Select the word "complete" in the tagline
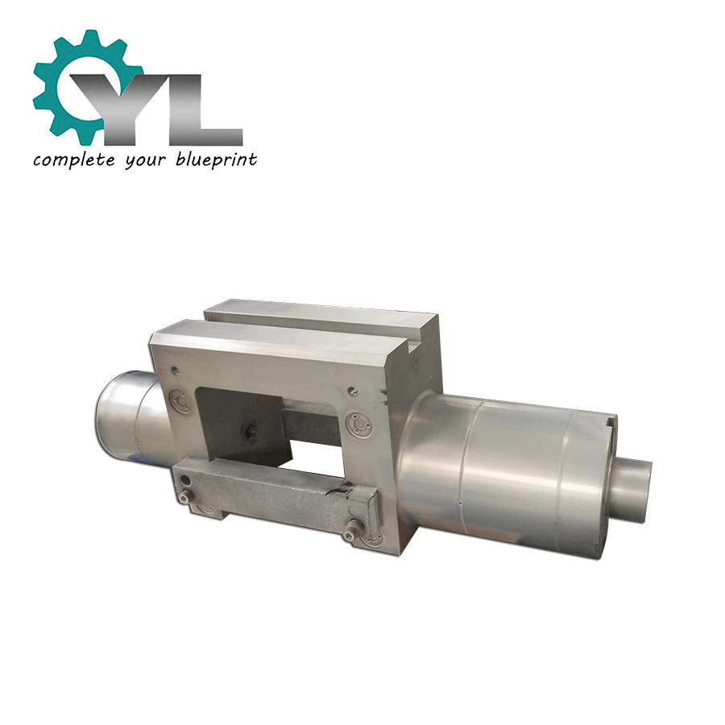pos(73,160)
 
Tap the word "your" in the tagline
pos(145,161)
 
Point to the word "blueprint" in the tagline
pos(217,160)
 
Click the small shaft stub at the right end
pos(632,488)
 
